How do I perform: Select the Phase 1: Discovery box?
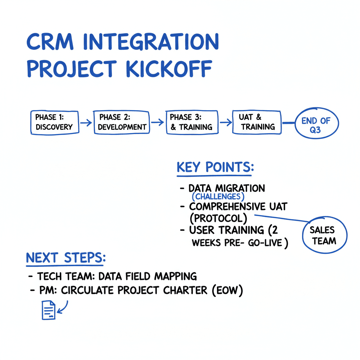click(x=54, y=122)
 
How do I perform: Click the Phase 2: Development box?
click(x=122, y=122)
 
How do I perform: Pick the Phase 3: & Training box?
click(x=191, y=122)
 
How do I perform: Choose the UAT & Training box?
click(x=257, y=122)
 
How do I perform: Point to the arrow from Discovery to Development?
click(x=86, y=123)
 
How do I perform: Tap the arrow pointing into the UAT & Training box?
click(x=225, y=122)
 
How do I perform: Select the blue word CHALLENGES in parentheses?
click(x=218, y=197)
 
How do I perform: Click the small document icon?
click(x=48, y=310)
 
